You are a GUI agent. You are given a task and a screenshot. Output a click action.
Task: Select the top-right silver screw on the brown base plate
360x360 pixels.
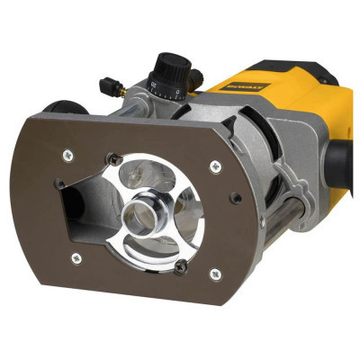coord(214,164)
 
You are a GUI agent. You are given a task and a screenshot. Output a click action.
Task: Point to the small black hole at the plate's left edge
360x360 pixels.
coord(59,184)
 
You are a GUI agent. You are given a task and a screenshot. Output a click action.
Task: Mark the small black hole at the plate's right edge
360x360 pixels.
coord(234,197)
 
